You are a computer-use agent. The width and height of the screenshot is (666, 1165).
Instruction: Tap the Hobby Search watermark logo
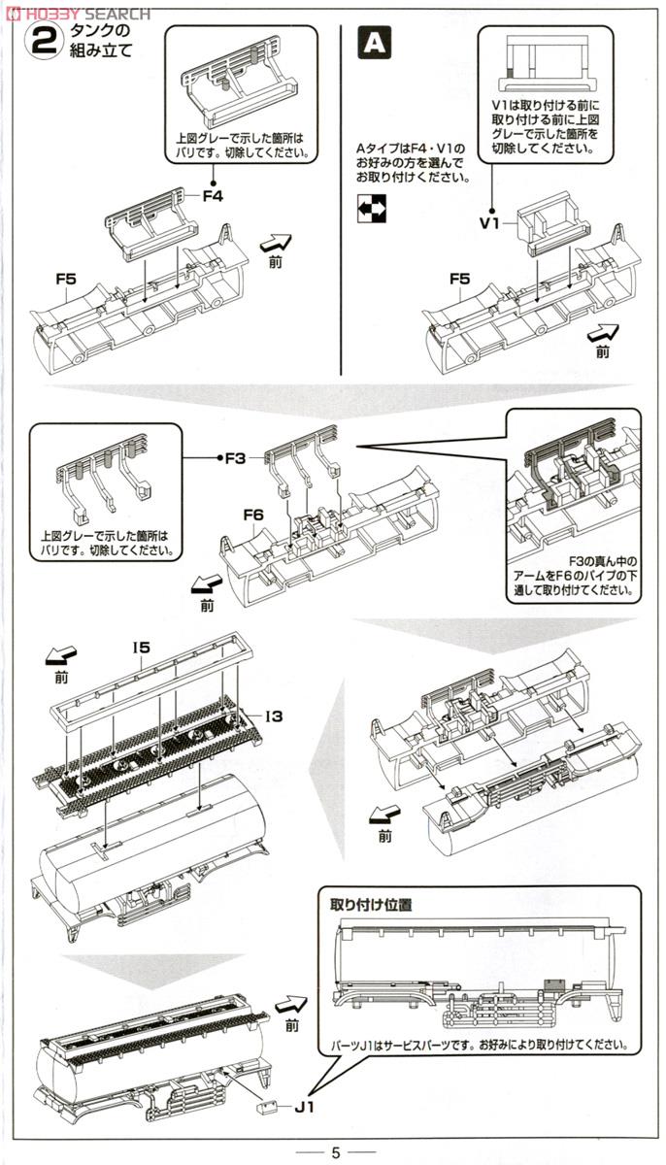tap(77, 13)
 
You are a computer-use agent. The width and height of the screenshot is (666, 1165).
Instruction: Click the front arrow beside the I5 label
tap(62, 659)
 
